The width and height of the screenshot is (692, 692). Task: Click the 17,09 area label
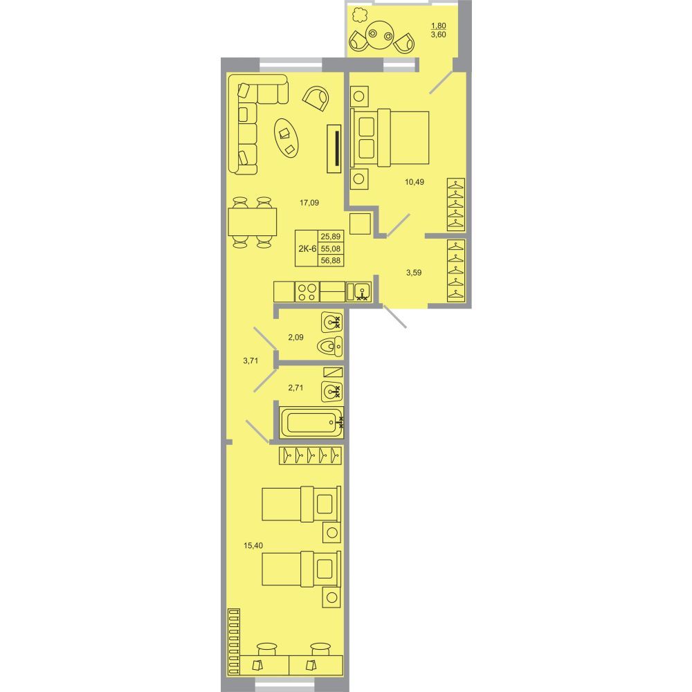coord(309,203)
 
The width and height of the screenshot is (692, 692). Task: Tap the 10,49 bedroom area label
coord(415,181)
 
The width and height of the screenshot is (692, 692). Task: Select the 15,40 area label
coord(253,545)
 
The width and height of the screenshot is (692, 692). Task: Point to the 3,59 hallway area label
coord(414,273)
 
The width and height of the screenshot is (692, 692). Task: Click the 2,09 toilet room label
coord(295,338)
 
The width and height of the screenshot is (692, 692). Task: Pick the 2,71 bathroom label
coord(295,388)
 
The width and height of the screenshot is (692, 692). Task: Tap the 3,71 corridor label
coord(251,361)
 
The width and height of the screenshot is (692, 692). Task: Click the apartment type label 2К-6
coord(307,248)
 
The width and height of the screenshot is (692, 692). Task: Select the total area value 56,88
coord(331,260)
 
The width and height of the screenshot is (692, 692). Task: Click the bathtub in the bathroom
coord(311,422)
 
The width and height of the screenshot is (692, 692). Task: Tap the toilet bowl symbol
coord(329,346)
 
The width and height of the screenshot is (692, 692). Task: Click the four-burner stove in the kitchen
coord(307,292)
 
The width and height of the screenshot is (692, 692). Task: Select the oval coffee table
coord(286,137)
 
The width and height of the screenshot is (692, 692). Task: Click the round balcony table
coord(380,35)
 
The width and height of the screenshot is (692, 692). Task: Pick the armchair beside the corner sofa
coord(316,98)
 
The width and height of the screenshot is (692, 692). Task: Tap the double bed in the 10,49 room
coord(390,138)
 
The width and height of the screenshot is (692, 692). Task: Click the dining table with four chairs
coord(252,222)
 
